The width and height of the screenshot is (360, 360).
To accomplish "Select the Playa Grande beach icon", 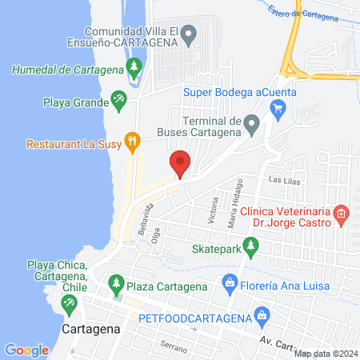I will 118,98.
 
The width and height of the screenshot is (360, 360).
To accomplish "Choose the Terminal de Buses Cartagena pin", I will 251,122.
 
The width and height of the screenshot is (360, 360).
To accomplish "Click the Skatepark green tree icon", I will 250,248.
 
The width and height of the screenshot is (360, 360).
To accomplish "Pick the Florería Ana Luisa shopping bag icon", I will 230,282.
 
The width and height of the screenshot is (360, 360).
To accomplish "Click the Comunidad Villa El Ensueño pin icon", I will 189,34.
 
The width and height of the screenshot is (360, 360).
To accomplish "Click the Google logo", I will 27,350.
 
